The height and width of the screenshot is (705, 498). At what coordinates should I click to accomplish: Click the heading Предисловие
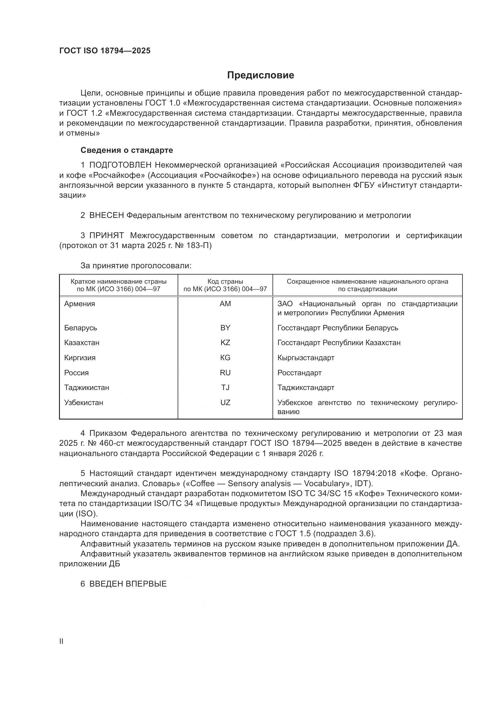pos(260,75)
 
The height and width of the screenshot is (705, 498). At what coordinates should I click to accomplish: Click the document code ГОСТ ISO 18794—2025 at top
pos(105,51)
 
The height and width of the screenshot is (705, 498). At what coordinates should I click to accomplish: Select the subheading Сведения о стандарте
pos(127,150)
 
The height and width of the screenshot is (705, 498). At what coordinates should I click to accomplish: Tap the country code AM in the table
pos(225,304)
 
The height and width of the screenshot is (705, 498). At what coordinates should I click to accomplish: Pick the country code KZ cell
pos(225,342)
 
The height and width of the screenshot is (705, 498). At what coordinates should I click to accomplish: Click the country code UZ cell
pos(225,402)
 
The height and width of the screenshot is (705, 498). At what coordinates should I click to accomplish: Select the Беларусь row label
pos(80,328)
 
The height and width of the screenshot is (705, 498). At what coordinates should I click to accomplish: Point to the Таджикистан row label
pos(86,388)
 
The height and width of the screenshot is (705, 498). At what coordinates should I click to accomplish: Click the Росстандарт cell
pos(299,373)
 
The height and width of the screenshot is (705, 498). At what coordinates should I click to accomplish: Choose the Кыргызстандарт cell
pos(306,358)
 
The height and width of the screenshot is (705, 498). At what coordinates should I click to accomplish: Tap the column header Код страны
pos(225,281)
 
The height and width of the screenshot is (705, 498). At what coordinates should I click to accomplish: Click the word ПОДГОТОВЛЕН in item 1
pos(120,165)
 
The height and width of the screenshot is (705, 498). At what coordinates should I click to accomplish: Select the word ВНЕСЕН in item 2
pos(106,215)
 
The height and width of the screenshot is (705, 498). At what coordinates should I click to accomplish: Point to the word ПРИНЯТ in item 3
pos(106,235)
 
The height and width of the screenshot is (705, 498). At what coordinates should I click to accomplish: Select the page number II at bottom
pos(61,641)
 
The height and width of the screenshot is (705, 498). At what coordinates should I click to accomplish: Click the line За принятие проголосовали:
pos(136,265)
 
